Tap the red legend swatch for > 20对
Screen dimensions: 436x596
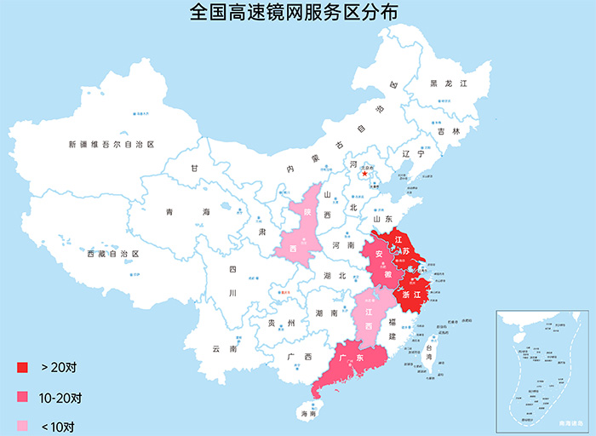(22, 367)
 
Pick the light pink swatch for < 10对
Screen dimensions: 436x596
(22, 427)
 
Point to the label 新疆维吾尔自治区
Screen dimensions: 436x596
(111, 145)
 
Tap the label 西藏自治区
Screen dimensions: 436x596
(112, 254)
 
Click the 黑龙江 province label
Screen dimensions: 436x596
(449, 84)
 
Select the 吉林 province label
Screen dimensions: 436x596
(449, 132)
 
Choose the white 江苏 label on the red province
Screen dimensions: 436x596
(407, 247)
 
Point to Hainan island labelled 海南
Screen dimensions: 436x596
(308, 413)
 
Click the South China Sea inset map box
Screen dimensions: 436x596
(542, 370)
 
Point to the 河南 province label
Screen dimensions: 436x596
(343, 245)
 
